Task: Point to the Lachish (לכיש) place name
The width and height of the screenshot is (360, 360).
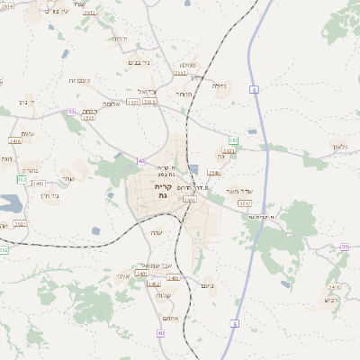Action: coord(330,301)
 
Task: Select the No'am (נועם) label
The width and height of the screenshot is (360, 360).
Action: coord(210,286)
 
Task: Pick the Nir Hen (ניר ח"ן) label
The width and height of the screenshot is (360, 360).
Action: coord(50,194)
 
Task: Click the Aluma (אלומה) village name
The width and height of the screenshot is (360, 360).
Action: coord(112,103)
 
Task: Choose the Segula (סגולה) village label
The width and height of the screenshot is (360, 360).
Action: coord(187,65)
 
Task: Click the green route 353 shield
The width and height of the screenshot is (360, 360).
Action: coord(233,140)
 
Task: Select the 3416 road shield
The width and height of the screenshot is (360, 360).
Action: coord(14,141)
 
